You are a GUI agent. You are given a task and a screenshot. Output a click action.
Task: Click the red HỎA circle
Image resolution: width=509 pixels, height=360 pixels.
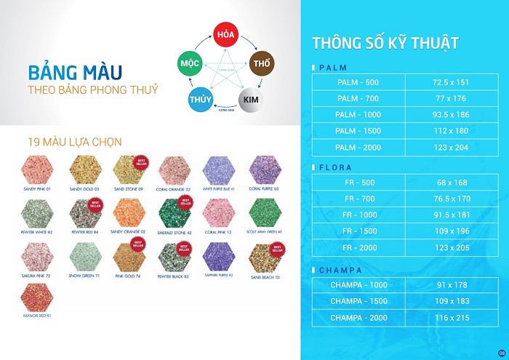click(x=225, y=33)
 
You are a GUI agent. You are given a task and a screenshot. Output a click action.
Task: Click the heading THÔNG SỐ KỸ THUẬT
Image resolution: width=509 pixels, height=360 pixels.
click(x=385, y=42)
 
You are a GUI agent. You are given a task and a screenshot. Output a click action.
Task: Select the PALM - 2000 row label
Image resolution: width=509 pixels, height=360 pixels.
click(x=358, y=147)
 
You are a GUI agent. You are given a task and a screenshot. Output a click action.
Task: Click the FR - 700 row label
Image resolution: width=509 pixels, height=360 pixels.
click(x=358, y=198)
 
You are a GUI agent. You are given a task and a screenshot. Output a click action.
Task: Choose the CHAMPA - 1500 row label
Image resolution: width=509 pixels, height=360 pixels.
click(x=358, y=301)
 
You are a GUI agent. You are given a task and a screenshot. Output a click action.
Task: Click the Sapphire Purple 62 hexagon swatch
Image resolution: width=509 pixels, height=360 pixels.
click(x=220, y=255)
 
